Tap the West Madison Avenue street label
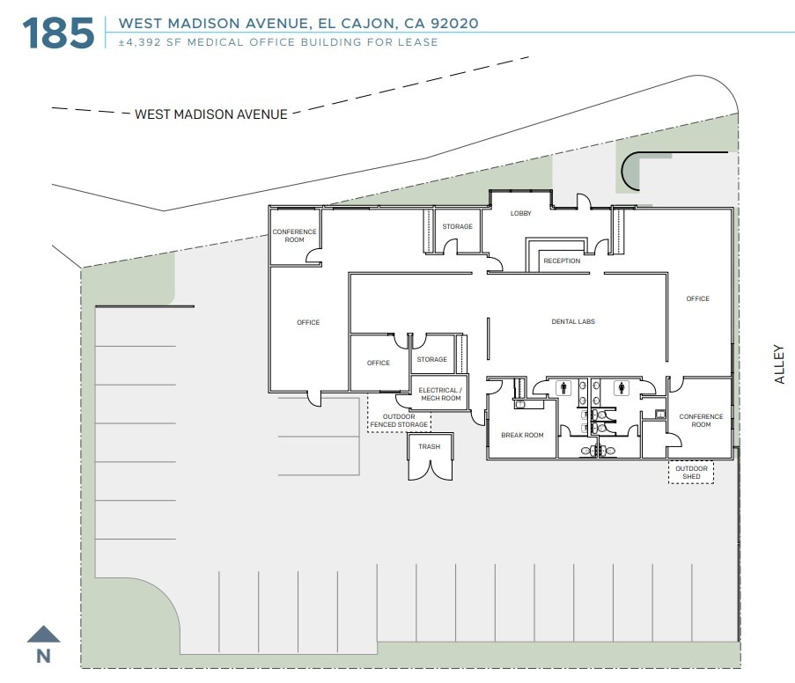click(x=210, y=114)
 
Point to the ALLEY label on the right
click(x=778, y=364)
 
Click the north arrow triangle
click(x=43, y=634)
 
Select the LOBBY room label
click(x=520, y=214)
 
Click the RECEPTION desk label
click(x=561, y=261)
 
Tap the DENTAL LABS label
click(x=573, y=321)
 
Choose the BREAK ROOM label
click(x=522, y=435)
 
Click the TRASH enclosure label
click(x=430, y=446)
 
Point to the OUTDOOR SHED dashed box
click(x=691, y=473)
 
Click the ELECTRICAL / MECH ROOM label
click(x=439, y=394)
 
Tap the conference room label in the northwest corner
click(x=294, y=235)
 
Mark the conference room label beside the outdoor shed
click(x=701, y=421)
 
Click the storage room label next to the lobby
click(x=457, y=226)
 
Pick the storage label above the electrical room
click(x=431, y=359)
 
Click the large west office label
click(x=308, y=322)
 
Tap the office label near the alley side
click(x=697, y=298)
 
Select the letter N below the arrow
click(x=42, y=656)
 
